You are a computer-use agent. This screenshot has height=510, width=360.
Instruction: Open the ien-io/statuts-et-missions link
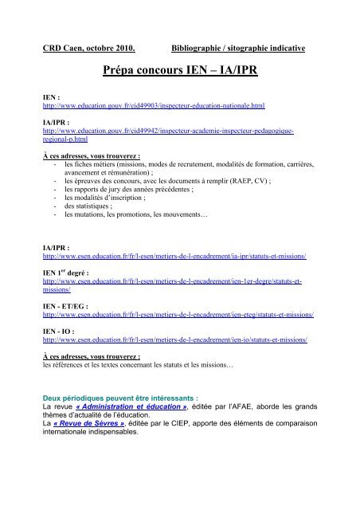tap(175, 339)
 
